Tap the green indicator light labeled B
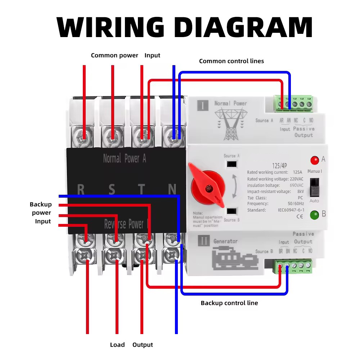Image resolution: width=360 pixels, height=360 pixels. (x=315, y=215)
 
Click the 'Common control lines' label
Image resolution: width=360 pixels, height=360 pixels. (x=231, y=61)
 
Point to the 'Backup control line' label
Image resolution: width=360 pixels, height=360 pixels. (x=229, y=303)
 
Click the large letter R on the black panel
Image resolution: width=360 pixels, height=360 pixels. (x=81, y=189)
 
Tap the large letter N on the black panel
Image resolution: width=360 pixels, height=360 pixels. (x=172, y=189)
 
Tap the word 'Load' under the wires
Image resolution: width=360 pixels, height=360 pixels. (x=117, y=345)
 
